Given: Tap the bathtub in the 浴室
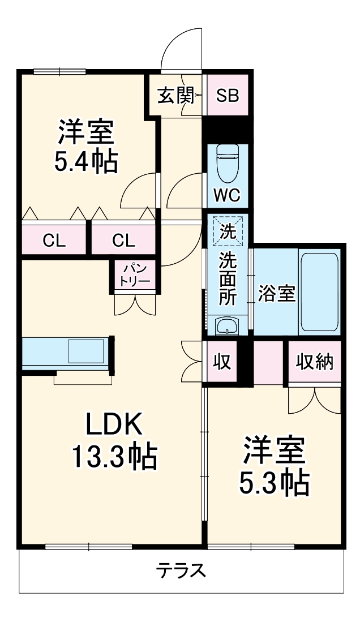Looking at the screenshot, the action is point(319,293).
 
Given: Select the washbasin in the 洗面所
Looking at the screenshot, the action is point(226,326).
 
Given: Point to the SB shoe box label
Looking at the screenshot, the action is point(228,95).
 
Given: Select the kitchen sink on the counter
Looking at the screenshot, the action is point(86,351).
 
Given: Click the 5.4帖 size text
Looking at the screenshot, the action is point(86,161).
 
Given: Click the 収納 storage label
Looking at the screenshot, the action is point(314,362).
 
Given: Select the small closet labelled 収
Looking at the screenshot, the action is point(222,362).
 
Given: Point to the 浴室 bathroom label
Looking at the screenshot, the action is point(277,294).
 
